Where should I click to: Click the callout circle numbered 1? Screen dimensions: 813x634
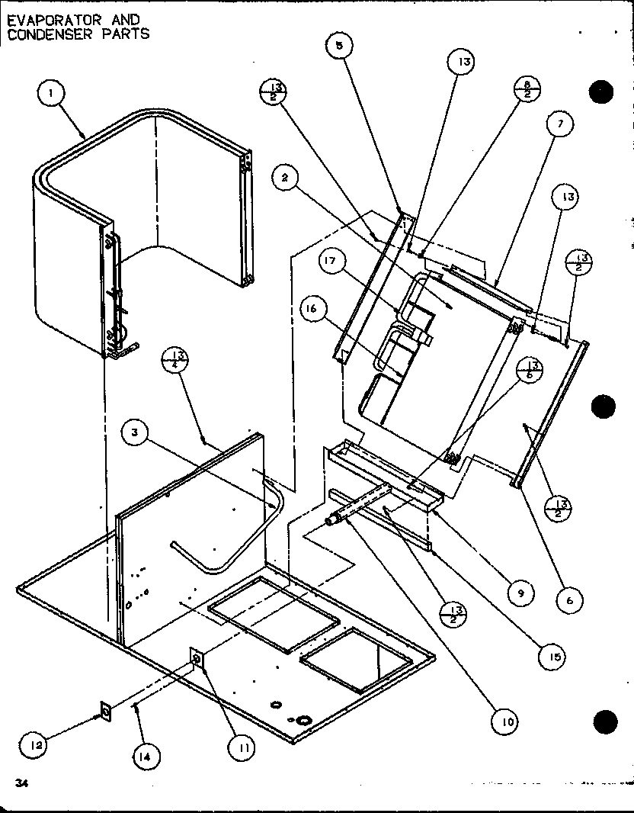point(50,95)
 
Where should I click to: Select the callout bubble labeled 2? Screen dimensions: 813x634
point(285,178)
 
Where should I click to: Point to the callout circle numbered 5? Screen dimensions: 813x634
point(339,46)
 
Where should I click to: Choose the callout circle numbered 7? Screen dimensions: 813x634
point(560,124)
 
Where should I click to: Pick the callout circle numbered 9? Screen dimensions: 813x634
point(520,592)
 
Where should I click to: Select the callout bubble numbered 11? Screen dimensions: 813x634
point(243,748)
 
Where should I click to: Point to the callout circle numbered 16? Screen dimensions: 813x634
point(318,310)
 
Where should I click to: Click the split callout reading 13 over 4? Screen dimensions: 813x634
point(175,359)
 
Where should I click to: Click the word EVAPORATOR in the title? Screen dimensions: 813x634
point(45,20)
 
